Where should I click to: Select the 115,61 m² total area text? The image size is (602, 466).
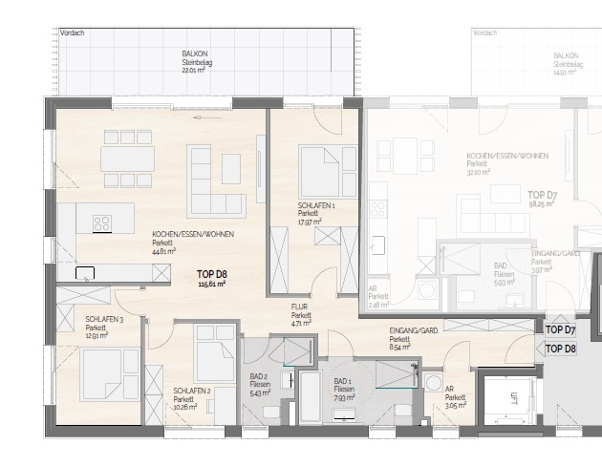click(210, 284)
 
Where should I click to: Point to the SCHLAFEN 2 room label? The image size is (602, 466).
click(192, 391)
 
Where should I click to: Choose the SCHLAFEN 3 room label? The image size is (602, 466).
click(102, 320)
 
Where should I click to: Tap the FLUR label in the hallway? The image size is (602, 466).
click(301, 308)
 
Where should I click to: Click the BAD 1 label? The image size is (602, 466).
click(339, 386)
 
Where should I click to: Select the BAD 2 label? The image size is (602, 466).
click(259, 378)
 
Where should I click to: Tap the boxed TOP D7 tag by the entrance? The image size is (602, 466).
click(560, 329)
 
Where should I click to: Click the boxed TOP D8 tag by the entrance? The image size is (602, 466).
click(560, 349)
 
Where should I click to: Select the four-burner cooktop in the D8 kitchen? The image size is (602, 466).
click(101, 222)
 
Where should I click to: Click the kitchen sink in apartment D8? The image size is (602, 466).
click(86, 272)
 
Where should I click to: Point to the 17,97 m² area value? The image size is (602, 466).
click(310, 222)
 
